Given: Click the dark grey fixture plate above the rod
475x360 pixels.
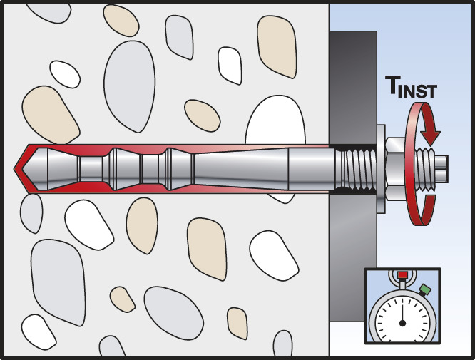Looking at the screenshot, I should tap(352, 86).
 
